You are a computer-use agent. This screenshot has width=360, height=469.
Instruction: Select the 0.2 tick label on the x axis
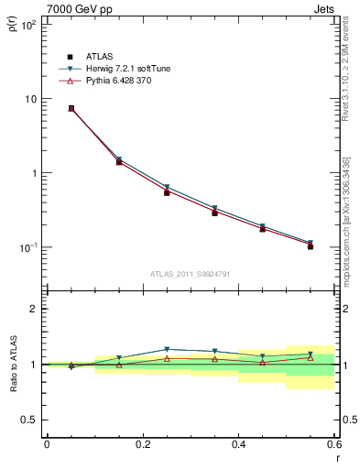(x=142, y=444)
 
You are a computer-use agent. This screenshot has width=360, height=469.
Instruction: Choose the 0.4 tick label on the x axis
(x=238, y=444)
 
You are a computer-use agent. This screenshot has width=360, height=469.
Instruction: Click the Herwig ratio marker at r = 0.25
(x=167, y=349)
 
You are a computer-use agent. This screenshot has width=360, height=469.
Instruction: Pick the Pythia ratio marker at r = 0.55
(x=311, y=357)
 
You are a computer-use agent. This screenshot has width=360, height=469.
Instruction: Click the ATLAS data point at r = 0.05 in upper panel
(x=71, y=108)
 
